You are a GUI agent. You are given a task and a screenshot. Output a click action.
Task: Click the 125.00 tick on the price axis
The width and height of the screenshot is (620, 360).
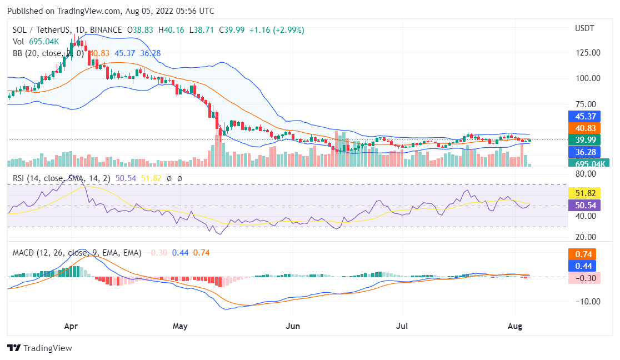pyautogui.click(x=588, y=53)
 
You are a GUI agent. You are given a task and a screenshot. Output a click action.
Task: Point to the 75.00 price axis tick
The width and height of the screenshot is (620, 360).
pyautogui.click(x=588, y=104)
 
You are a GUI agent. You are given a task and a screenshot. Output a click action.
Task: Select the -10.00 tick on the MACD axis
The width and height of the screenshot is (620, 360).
pyautogui.click(x=588, y=302)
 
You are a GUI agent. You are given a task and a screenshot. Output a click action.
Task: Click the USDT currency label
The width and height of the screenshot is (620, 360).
pyautogui.click(x=584, y=28)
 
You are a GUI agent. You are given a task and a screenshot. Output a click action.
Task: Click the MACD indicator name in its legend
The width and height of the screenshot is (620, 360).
pyautogui.click(x=25, y=253)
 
